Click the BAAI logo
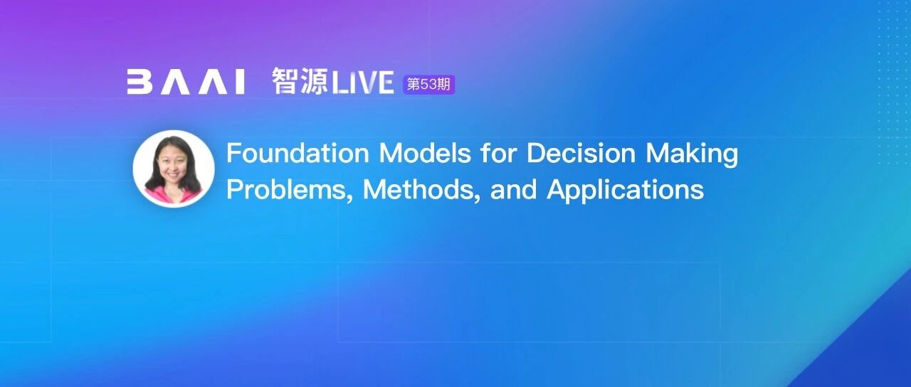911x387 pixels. point(186,82)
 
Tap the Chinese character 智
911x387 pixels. point(285,81)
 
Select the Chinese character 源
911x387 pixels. point(314,81)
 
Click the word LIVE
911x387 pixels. point(363,82)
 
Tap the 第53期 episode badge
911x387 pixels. point(428,85)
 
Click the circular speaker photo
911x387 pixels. point(174,169)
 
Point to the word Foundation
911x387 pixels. point(297,153)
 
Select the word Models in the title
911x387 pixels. point(425,153)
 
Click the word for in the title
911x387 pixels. point(499,153)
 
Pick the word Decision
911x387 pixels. point(581,153)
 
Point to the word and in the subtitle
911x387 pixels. point(513,189)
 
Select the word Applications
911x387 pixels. point(625,190)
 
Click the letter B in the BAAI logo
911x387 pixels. point(139,82)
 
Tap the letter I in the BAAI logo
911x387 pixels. point(240,82)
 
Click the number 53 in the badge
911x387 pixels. point(428,85)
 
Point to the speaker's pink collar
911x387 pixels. point(173,195)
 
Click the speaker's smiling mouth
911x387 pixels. point(172,176)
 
